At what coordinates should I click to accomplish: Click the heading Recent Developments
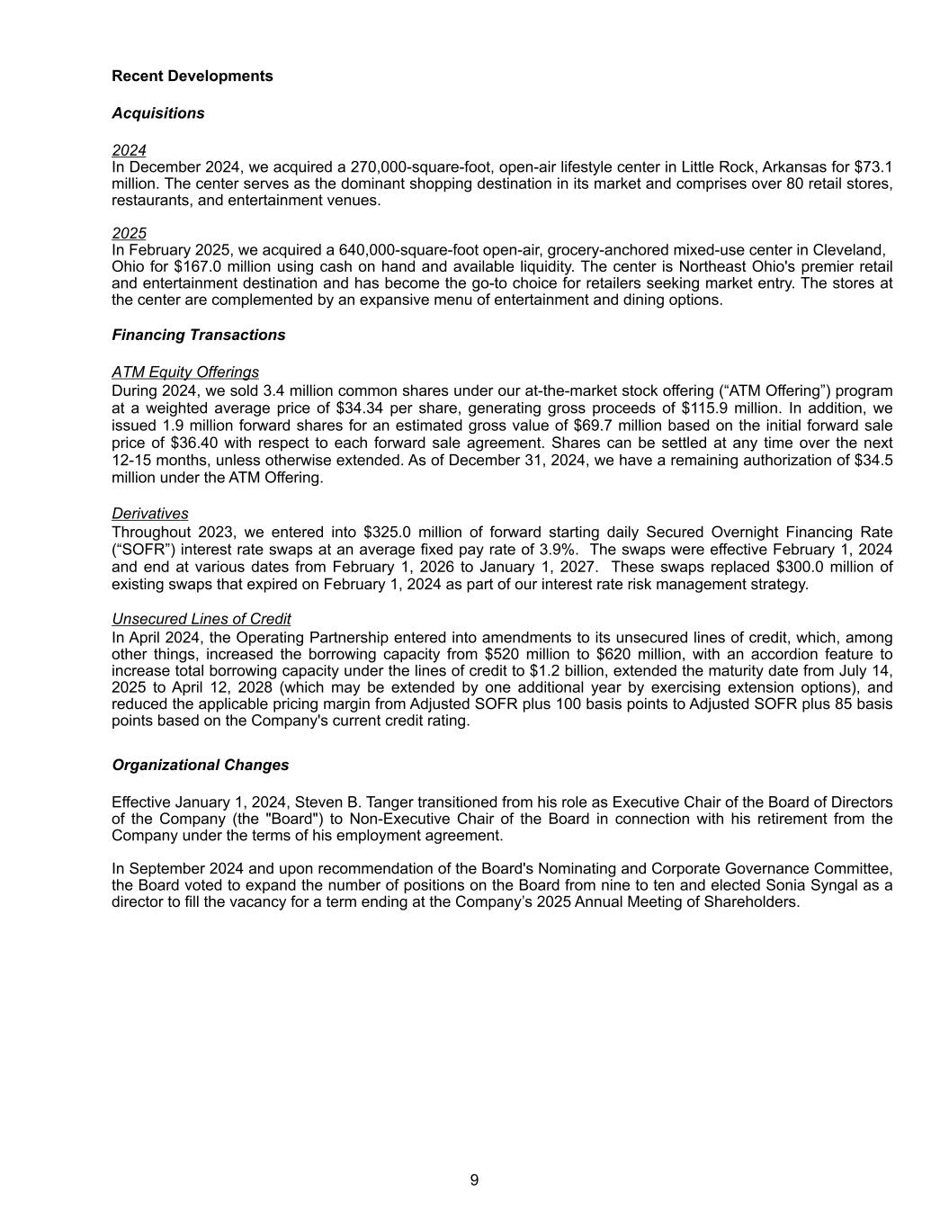point(192,76)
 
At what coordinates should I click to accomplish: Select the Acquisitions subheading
point(157,113)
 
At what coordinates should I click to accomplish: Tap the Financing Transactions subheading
point(198,336)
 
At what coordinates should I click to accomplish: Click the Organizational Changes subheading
point(200,766)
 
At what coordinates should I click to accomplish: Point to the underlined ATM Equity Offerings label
point(184,372)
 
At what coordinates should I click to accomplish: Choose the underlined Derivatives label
point(149,514)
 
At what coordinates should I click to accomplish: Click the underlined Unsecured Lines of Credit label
point(201,620)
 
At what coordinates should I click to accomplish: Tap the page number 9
point(474,1180)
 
